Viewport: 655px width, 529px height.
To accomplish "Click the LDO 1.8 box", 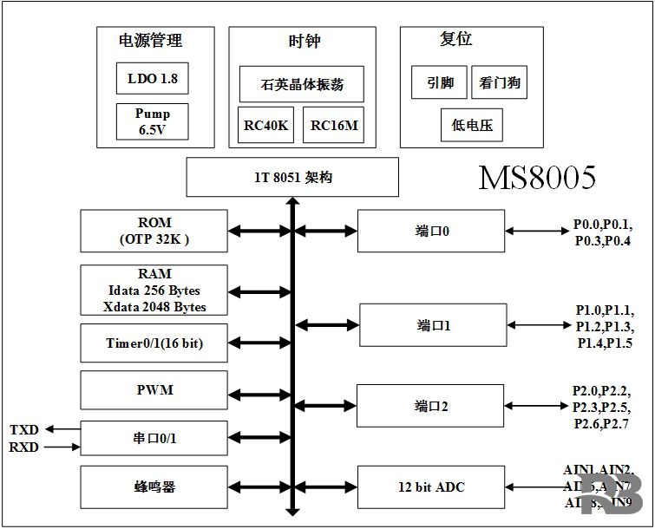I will tap(152, 78).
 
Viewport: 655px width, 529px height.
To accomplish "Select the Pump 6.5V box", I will tap(152, 121).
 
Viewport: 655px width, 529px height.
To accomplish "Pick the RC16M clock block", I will tap(334, 126).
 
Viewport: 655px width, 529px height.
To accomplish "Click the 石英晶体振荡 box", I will tap(301, 84).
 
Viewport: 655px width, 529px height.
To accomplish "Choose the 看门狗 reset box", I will tap(499, 83).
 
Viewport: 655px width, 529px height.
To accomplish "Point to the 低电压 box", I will tap(472, 125).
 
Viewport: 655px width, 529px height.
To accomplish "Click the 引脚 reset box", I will tap(439, 83).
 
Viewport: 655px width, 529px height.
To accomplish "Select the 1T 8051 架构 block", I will tap(292, 178).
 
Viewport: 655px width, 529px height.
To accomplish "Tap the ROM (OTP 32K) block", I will tap(154, 231).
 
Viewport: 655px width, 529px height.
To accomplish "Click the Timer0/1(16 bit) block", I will tap(154, 343).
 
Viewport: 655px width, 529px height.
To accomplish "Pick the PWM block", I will tap(154, 390).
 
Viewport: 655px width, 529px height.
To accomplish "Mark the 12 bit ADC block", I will tap(430, 487).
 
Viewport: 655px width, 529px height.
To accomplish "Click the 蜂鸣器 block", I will tap(154, 487).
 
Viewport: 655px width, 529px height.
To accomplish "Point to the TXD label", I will tap(24, 430).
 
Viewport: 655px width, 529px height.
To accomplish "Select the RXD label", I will tap(24, 447).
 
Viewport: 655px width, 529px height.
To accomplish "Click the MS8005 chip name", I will tap(538, 178).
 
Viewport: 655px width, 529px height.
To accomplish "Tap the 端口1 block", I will tap(432, 325).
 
